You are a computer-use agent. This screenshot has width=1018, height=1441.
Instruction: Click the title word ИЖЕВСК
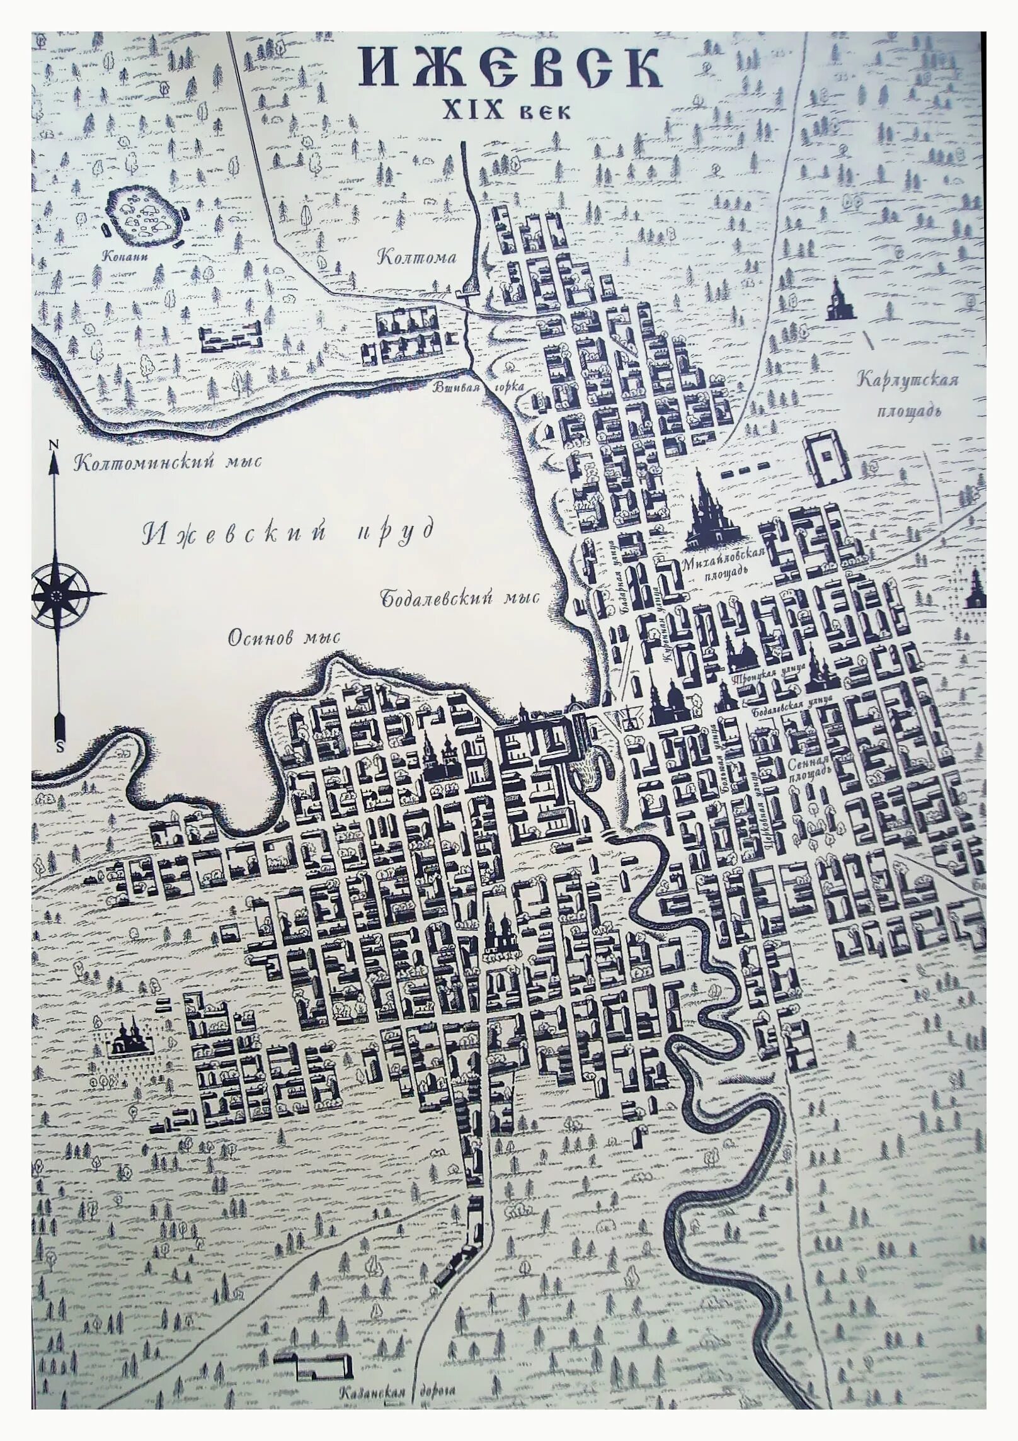coord(510,69)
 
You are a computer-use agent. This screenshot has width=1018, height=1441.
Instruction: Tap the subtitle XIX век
coord(507,111)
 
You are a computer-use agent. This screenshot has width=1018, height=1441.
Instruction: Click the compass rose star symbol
coord(57,595)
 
